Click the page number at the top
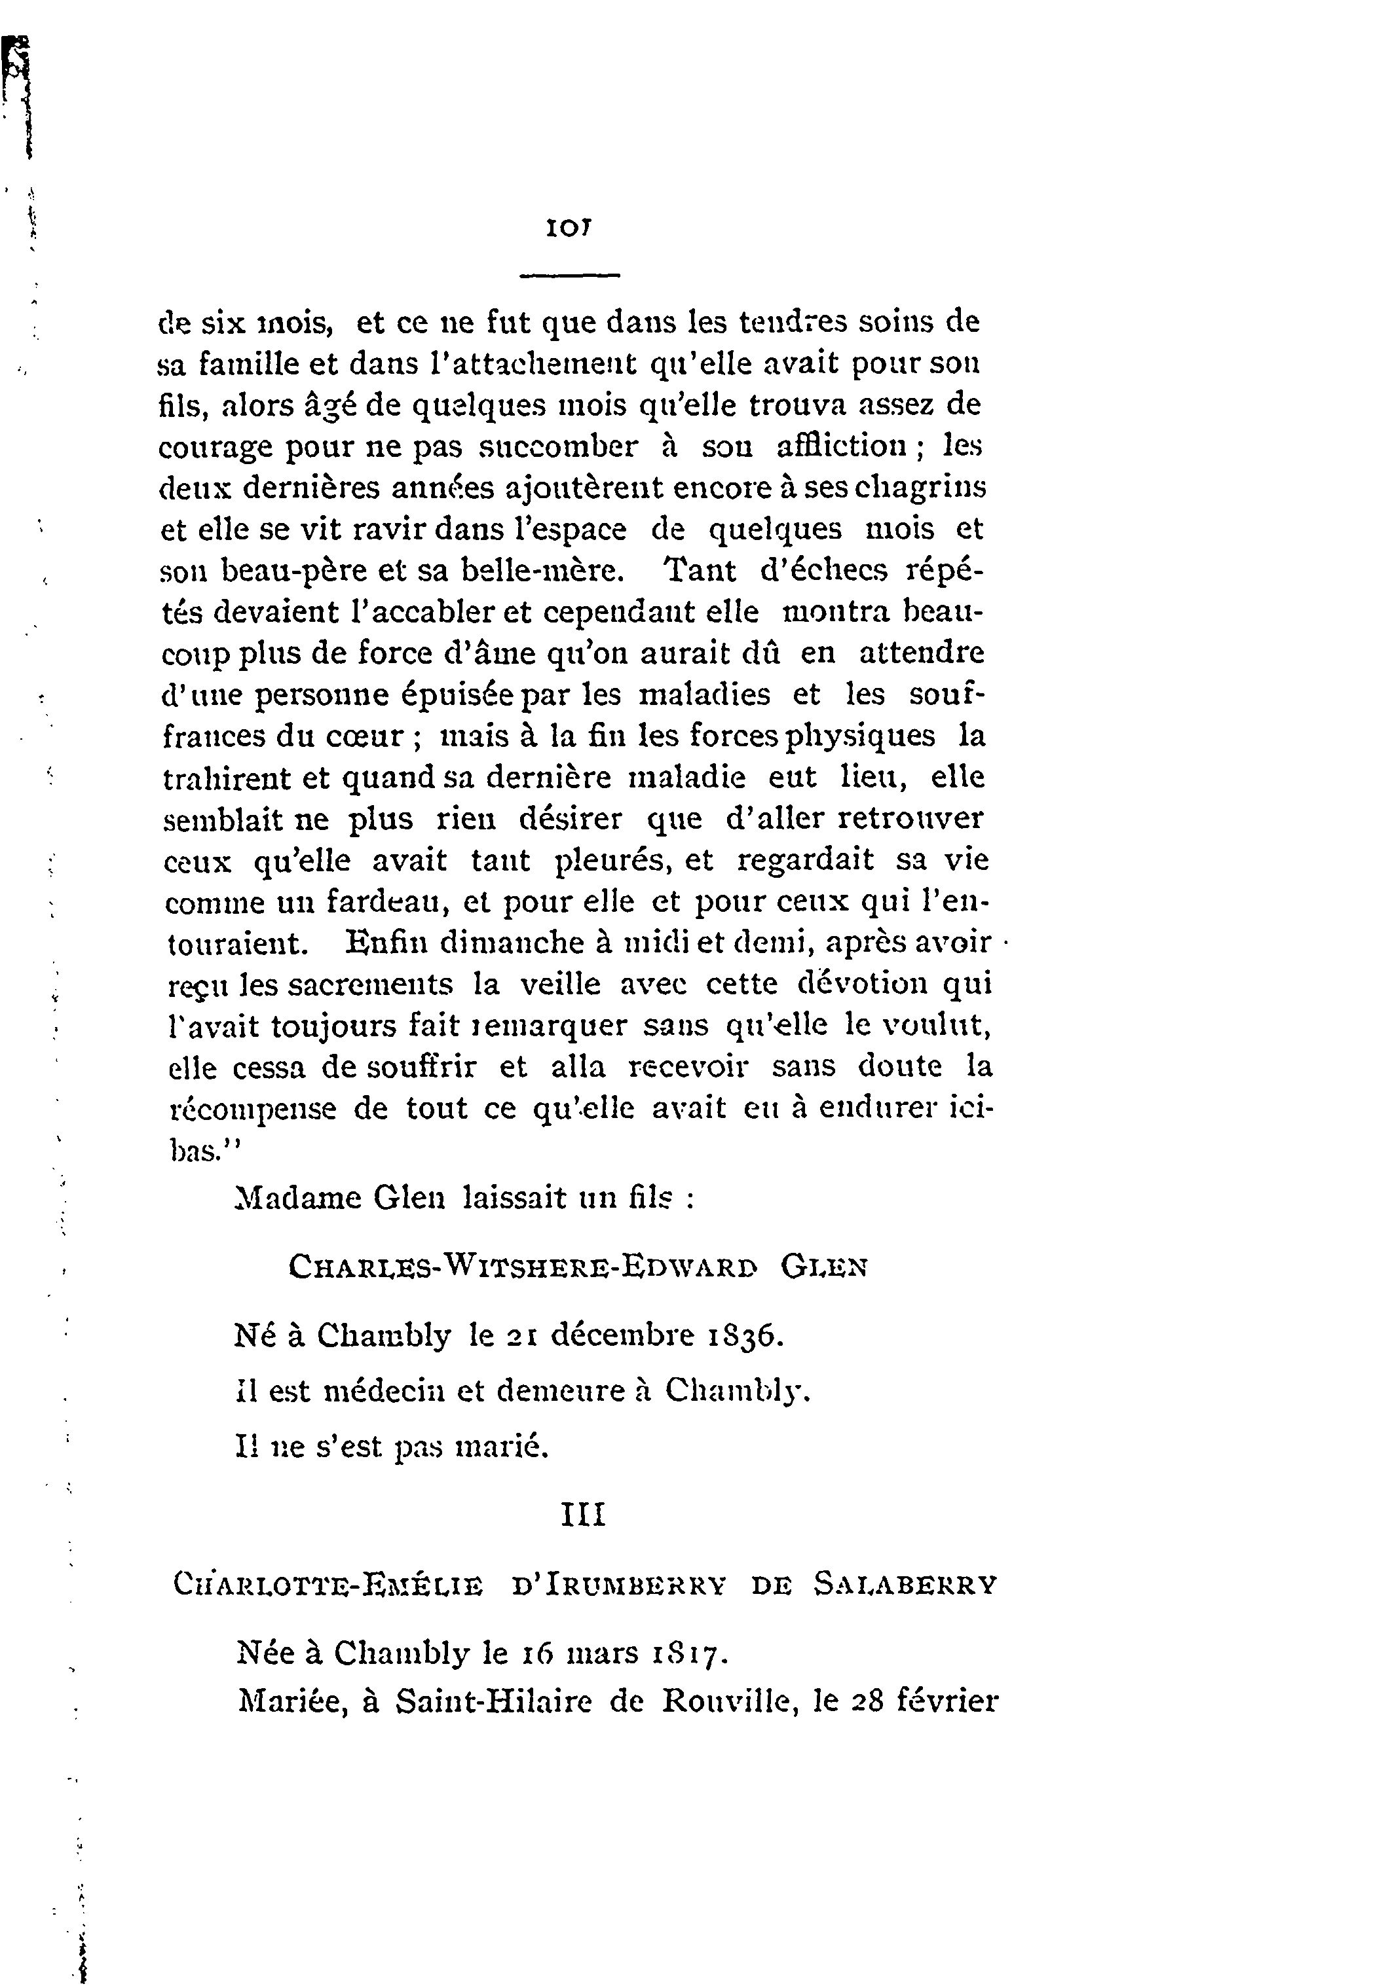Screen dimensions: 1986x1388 568,228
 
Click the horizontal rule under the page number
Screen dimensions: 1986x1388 569,276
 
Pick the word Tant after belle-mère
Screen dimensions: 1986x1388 698,570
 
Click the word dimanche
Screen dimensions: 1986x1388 512,942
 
